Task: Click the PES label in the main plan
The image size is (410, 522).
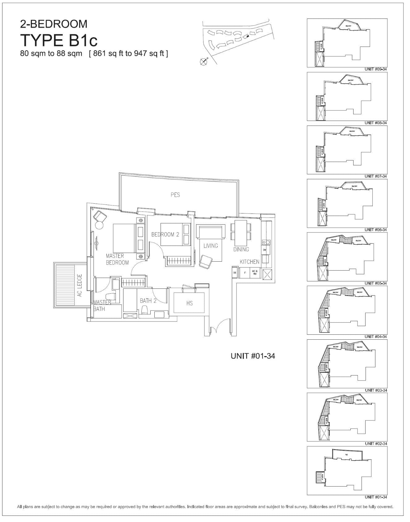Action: click(x=175, y=195)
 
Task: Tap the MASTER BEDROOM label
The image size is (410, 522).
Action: click(x=117, y=259)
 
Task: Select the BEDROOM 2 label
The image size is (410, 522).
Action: click(x=165, y=234)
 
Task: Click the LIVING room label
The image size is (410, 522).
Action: click(x=211, y=246)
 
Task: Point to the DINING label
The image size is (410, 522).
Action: click(x=241, y=249)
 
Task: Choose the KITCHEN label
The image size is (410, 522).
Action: click(x=249, y=262)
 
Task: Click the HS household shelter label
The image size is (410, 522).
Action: click(x=189, y=303)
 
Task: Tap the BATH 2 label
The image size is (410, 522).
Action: click(x=148, y=300)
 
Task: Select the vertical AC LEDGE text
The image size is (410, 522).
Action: click(x=80, y=285)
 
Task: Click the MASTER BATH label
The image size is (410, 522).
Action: click(x=102, y=305)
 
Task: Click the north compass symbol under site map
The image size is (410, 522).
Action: click(x=203, y=62)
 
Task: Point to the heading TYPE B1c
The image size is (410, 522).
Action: click(x=59, y=40)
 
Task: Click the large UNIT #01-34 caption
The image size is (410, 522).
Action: click(x=253, y=356)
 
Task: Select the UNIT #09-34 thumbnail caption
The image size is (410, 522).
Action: click(x=375, y=69)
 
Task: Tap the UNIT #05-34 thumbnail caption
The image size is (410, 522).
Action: click(x=375, y=283)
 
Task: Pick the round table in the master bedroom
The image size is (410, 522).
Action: click(x=99, y=225)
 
